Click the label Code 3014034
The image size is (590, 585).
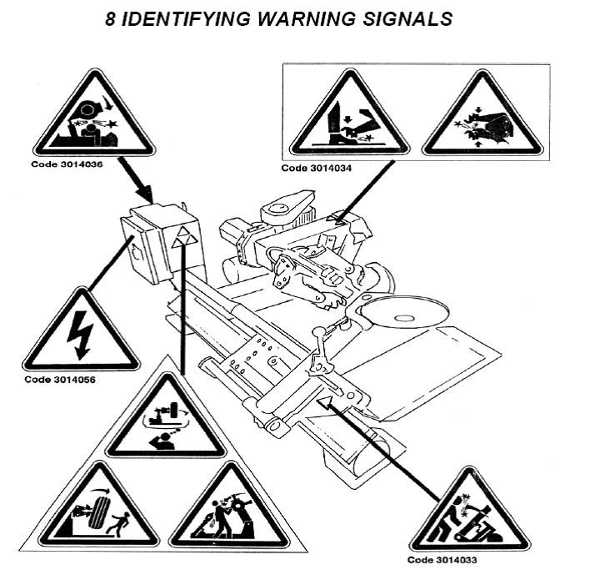(317, 167)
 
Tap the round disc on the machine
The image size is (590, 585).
(402, 315)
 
